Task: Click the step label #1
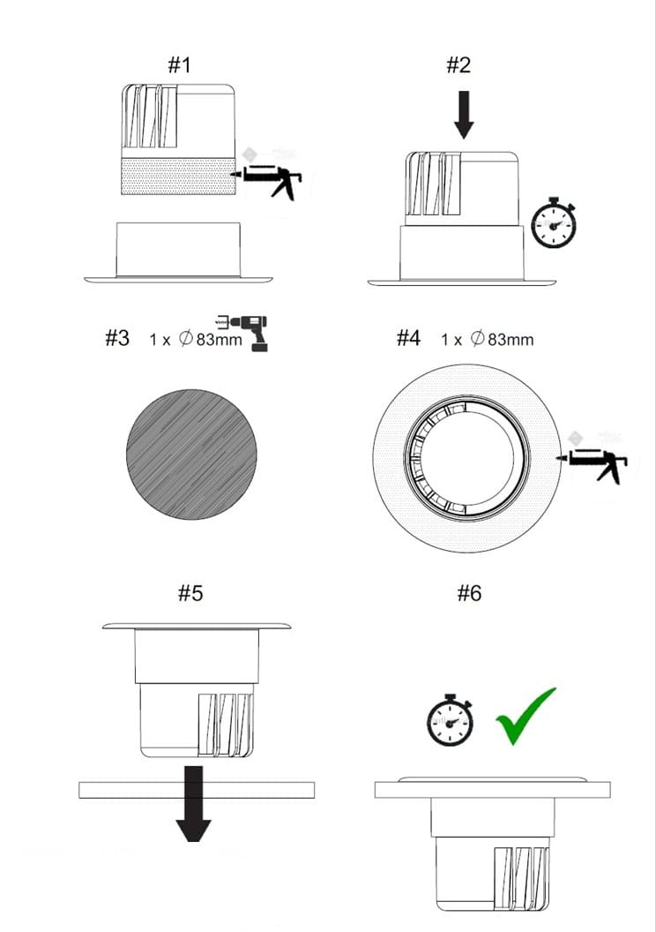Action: tap(179, 64)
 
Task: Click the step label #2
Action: tap(458, 64)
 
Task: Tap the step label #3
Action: tap(117, 338)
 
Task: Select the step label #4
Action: tap(408, 338)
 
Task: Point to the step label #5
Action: tap(190, 592)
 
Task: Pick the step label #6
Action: tap(470, 592)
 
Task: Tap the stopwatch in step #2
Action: tap(554, 222)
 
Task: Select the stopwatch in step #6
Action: tap(451, 719)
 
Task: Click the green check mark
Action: tap(526, 716)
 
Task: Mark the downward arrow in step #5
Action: tap(193, 804)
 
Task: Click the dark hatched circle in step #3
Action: tap(191, 455)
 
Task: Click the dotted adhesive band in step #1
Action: tap(178, 177)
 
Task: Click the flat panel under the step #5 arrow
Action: tap(197, 790)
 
